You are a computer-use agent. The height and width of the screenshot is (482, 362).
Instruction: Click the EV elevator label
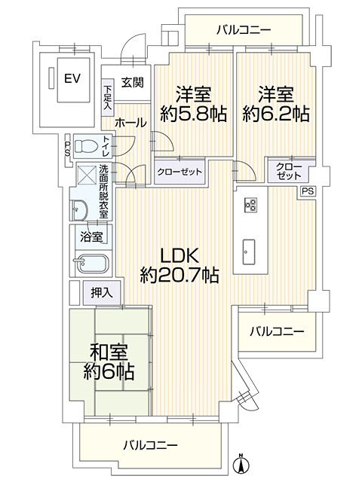72,78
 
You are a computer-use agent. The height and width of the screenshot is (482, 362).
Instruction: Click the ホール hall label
130,122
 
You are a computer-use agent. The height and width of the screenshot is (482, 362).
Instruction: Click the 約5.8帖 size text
194,114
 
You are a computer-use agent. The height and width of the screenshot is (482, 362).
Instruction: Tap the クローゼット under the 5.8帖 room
180,172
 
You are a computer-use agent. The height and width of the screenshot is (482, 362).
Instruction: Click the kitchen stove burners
250,204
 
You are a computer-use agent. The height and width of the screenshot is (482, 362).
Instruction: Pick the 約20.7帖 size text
179,276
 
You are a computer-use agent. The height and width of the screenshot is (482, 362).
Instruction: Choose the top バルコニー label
244,30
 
